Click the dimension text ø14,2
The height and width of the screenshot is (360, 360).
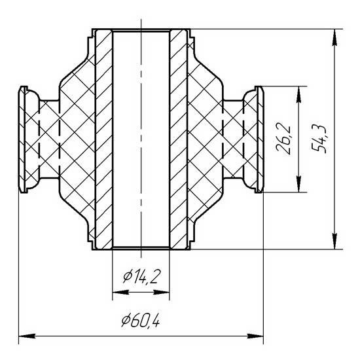click(x=141, y=277)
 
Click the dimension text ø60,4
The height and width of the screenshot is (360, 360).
click(x=141, y=320)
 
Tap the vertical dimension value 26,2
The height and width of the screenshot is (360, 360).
click(x=283, y=139)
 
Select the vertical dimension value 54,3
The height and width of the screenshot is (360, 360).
click(x=319, y=139)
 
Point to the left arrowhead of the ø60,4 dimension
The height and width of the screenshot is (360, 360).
click(x=27, y=336)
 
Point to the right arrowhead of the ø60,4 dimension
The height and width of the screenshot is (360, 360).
click(x=255, y=336)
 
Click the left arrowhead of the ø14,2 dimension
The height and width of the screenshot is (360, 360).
click(x=121, y=293)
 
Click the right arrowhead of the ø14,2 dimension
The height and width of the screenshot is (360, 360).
click(x=161, y=293)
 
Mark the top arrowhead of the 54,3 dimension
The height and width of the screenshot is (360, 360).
click(x=335, y=38)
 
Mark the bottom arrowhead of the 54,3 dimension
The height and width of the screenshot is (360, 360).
click(x=335, y=241)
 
